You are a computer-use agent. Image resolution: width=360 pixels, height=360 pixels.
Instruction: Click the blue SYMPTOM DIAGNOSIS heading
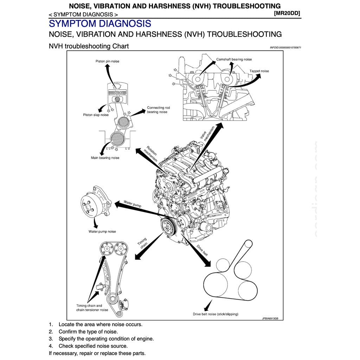point(100,24)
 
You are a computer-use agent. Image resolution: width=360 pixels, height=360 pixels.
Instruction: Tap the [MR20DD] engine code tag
point(287,13)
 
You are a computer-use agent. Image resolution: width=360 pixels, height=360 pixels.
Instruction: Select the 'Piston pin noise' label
point(107,61)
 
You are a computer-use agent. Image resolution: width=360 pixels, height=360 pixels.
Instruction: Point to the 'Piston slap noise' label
point(96,115)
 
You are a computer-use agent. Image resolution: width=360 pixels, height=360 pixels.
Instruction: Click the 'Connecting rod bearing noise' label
point(158,110)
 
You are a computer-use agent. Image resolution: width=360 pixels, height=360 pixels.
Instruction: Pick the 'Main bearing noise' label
point(105,158)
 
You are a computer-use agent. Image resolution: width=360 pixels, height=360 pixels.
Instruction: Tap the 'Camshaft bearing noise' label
point(234,59)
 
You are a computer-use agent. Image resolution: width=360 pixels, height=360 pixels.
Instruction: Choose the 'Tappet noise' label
point(259,71)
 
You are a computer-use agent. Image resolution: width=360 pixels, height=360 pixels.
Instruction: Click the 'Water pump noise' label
point(102,232)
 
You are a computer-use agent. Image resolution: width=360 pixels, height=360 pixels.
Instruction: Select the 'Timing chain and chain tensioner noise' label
point(92,308)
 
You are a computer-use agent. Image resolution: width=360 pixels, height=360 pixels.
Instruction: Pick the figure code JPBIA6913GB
point(270,318)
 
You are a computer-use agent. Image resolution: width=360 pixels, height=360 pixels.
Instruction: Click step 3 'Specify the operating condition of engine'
point(106,339)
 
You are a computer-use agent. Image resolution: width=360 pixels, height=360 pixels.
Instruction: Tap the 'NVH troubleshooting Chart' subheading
point(89,46)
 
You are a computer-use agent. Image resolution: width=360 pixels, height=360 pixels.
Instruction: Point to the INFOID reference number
point(285,47)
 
